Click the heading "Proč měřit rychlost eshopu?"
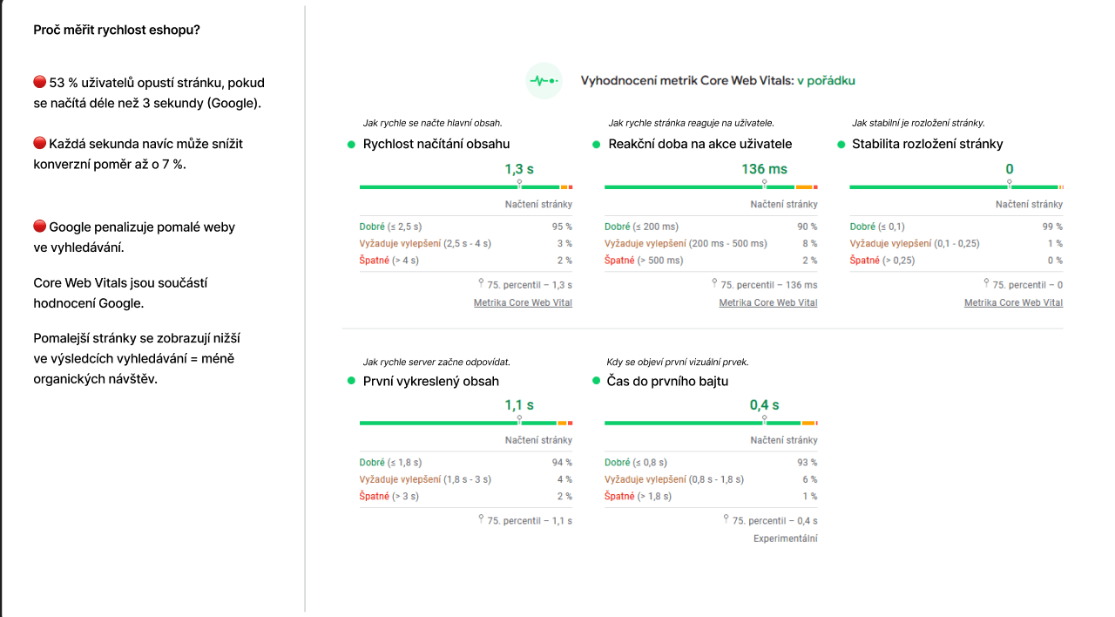[x=117, y=31]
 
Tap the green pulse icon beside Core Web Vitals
[x=544, y=81]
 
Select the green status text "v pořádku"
[x=826, y=81]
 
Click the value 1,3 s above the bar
[x=519, y=169]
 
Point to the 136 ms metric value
[x=764, y=169]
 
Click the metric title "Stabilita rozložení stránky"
[x=927, y=144]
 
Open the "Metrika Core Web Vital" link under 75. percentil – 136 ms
[x=767, y=303]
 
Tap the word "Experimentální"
[x=785, y=539]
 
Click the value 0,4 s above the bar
[x=764, y=405]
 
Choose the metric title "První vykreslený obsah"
[x=430, y=382]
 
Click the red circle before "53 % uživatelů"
[x=39, y=82]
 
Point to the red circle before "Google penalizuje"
[x=39, y=227]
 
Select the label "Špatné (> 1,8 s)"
[x=638, y=497]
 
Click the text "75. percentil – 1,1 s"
[x=529, y=521]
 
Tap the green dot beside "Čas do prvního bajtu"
[x=597, y=381]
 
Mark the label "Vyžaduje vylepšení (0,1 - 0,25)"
[x=914, y=244]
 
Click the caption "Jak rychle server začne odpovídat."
[x=436, y=362]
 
